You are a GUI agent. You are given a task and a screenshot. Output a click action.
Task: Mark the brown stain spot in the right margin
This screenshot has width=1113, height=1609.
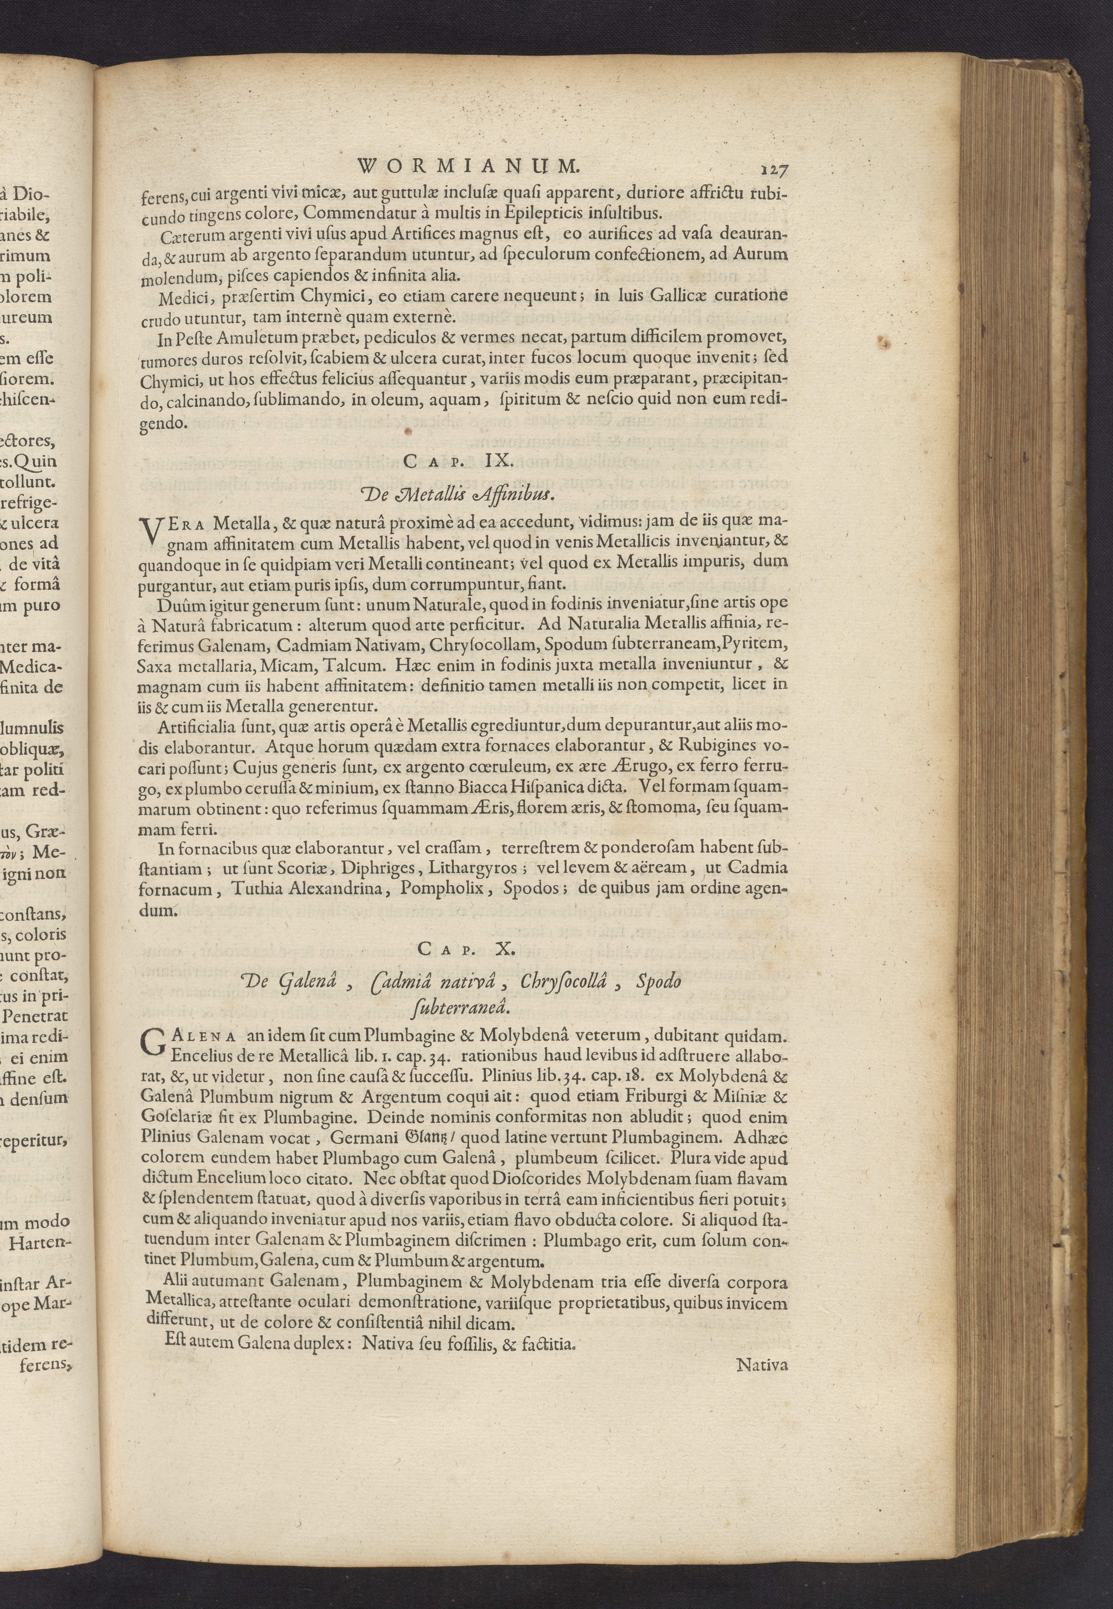886,343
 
